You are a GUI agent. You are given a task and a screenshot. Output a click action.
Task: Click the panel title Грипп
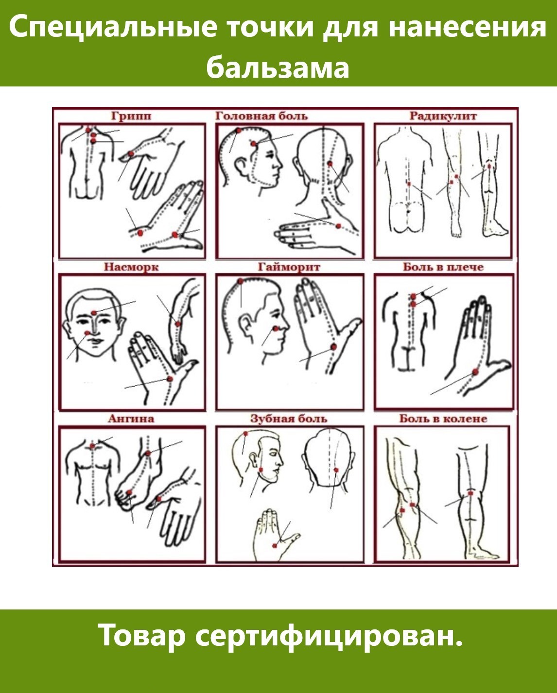(x=131, y=116)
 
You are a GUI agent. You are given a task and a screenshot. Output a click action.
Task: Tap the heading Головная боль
(x=261, y=116)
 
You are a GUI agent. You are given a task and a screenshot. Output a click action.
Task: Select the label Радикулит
(x=443, y=116)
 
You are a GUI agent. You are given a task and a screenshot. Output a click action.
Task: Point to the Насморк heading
(x=131, y=267)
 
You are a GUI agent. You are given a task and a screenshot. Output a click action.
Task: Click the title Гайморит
(x=289, y=267)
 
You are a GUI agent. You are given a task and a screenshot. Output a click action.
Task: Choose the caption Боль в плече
(x=443, y=267)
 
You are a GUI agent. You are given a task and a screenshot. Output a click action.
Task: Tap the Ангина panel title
(x=131, y=419)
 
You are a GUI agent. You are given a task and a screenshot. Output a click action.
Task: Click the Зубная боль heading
(x=289, y=419)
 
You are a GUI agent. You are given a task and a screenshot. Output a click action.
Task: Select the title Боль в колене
(x=443, y=419)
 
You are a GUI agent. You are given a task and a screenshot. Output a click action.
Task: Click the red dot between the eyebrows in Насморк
(x=93, y=313)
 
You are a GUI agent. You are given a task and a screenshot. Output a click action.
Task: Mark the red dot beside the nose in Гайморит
(x=276, y=328)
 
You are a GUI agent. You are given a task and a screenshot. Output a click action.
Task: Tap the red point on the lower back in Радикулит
(x=409, y=184)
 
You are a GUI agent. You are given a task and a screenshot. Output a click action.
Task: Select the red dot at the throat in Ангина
(x=92, y=446)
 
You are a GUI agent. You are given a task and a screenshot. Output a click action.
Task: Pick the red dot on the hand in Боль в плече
(x=475, y=372)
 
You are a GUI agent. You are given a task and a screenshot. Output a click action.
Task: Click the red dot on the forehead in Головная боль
(x=254, y=144)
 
